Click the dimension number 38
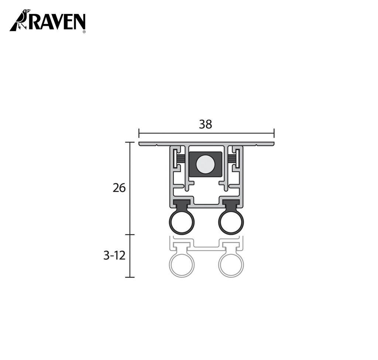click(x=206, y=124)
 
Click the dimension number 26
click(x=119, y=188)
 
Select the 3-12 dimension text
click(x=114, y=256)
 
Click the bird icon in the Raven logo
click(x=21, y=20)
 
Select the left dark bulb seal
click(x=182, y=223)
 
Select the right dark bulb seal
click(x=231, y=223)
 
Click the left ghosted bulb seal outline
click(x=182, y=265)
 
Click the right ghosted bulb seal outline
click(x=231, y=265)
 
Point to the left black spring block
click(x=181, y=159)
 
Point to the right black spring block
click(x=231, y=159)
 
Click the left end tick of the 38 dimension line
click(x=139, y=133)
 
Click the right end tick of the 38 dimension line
click(x=274, y=133)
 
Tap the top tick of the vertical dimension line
click(x=130, y=142)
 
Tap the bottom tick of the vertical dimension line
click(x=130, y=277)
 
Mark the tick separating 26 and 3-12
click(x=130, y=234)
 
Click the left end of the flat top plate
click(x=141, y=144)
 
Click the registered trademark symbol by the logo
click(x=84, y=32)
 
